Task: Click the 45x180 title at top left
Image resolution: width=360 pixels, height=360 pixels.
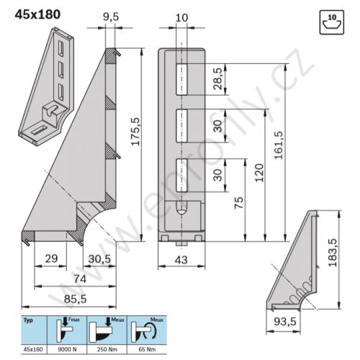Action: pyautogui.click(x=37, y=14)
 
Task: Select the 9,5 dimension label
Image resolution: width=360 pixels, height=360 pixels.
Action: pyautogui.click(x=111, y=17)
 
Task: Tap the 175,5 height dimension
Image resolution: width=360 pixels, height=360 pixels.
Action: pyautogui.click(x=135, y=132)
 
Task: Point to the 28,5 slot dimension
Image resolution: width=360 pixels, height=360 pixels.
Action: pyautogui.click(x=218, y=78)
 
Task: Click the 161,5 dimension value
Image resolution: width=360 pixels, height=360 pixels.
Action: pyautogui.click(x=279, y=145)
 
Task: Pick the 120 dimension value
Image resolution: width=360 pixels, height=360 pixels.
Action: pyautogui.click(x=259, y=173)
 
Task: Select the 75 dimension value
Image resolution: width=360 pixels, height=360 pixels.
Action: pyautogui.click(x=239, y=203)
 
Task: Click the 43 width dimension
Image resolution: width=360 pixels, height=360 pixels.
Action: pyautogui.click(x=181, y=260)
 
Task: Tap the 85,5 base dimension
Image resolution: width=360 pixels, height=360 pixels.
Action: pyautogui.click(x=75, y=299)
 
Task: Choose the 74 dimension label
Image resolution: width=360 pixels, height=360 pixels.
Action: pyautogui.click(x=80, y=279)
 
